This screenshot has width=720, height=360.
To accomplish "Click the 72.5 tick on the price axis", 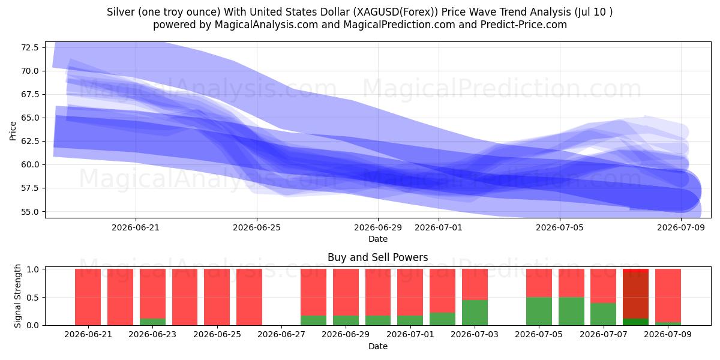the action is tap(29, 47).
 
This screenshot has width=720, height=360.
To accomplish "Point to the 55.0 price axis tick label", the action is tap(29, 212).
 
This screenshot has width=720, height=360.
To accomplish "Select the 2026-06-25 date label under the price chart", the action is tap(257, 228).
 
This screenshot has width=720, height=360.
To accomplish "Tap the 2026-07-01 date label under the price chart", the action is tap(439, 228).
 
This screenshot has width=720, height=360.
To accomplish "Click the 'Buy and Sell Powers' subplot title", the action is tap(377, 257).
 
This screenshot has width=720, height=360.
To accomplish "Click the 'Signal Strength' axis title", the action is tap(17, 296).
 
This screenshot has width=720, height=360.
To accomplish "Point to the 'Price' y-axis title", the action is tap(13, 131).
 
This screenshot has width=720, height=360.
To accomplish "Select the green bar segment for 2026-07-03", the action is tap(475, 313).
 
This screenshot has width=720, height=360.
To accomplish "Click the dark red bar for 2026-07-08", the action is tap(635, 295).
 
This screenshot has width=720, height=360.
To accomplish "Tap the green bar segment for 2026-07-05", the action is tap(539, 311).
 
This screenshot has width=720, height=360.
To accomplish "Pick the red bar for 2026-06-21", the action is tap(88, 297).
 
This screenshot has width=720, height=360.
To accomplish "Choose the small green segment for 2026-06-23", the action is tap(152, 322).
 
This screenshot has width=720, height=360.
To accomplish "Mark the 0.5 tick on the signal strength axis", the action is tap(33, 298).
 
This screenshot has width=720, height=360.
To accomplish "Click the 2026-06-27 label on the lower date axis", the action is tap(281, 335).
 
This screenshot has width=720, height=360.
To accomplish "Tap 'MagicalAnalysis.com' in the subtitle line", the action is tap(266, 25).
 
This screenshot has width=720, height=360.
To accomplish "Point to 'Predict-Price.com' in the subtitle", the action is tap(524, 25).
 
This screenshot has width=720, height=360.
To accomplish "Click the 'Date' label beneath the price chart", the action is tap(377, 239).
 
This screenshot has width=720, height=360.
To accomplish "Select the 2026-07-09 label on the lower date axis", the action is tap(668, 335).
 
